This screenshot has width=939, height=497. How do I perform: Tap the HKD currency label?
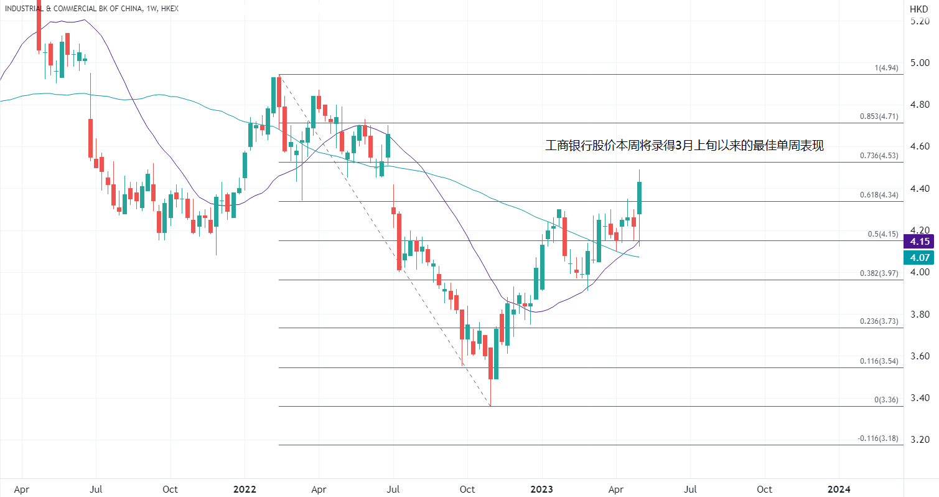tap(918, 9)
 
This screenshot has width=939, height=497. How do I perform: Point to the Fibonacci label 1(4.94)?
tap(886, 68)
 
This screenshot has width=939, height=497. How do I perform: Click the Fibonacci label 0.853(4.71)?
tap(879, 116)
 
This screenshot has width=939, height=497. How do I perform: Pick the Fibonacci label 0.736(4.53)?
tap(879, 156)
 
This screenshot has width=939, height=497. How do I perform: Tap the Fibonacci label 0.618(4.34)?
tap(879, 195)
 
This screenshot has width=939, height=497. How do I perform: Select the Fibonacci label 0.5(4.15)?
tap(882, 234)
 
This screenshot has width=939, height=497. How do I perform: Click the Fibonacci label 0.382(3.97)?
tap(879, 273)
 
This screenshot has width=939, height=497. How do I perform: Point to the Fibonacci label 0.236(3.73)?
tap(879, 321)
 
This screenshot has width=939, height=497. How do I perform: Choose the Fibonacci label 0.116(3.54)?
tap(879, 361)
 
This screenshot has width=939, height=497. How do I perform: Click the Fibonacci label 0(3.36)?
tap(886, 400)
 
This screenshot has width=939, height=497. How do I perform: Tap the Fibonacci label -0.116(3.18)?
tap(877, 438)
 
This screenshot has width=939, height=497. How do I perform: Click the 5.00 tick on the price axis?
tap(920, 63)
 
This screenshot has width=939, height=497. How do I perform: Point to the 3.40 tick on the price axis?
tap(920, 398)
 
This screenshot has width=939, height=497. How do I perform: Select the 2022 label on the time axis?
tap(245, 489)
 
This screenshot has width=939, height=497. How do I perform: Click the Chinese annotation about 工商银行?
tap(684, 146)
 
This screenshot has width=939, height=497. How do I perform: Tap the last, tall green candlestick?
tap(639, 198)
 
